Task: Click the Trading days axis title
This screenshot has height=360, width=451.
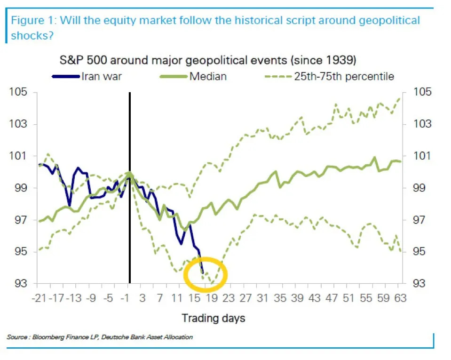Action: pyautogui.click(x=214, y=319)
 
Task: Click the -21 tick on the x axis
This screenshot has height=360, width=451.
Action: pyautogui.click(x=38, y=299)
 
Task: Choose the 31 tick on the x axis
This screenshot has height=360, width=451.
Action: pyautogui.click(x=262, y=299)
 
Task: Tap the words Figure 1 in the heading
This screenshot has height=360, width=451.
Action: pyautogui.click(x=31, y=21)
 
